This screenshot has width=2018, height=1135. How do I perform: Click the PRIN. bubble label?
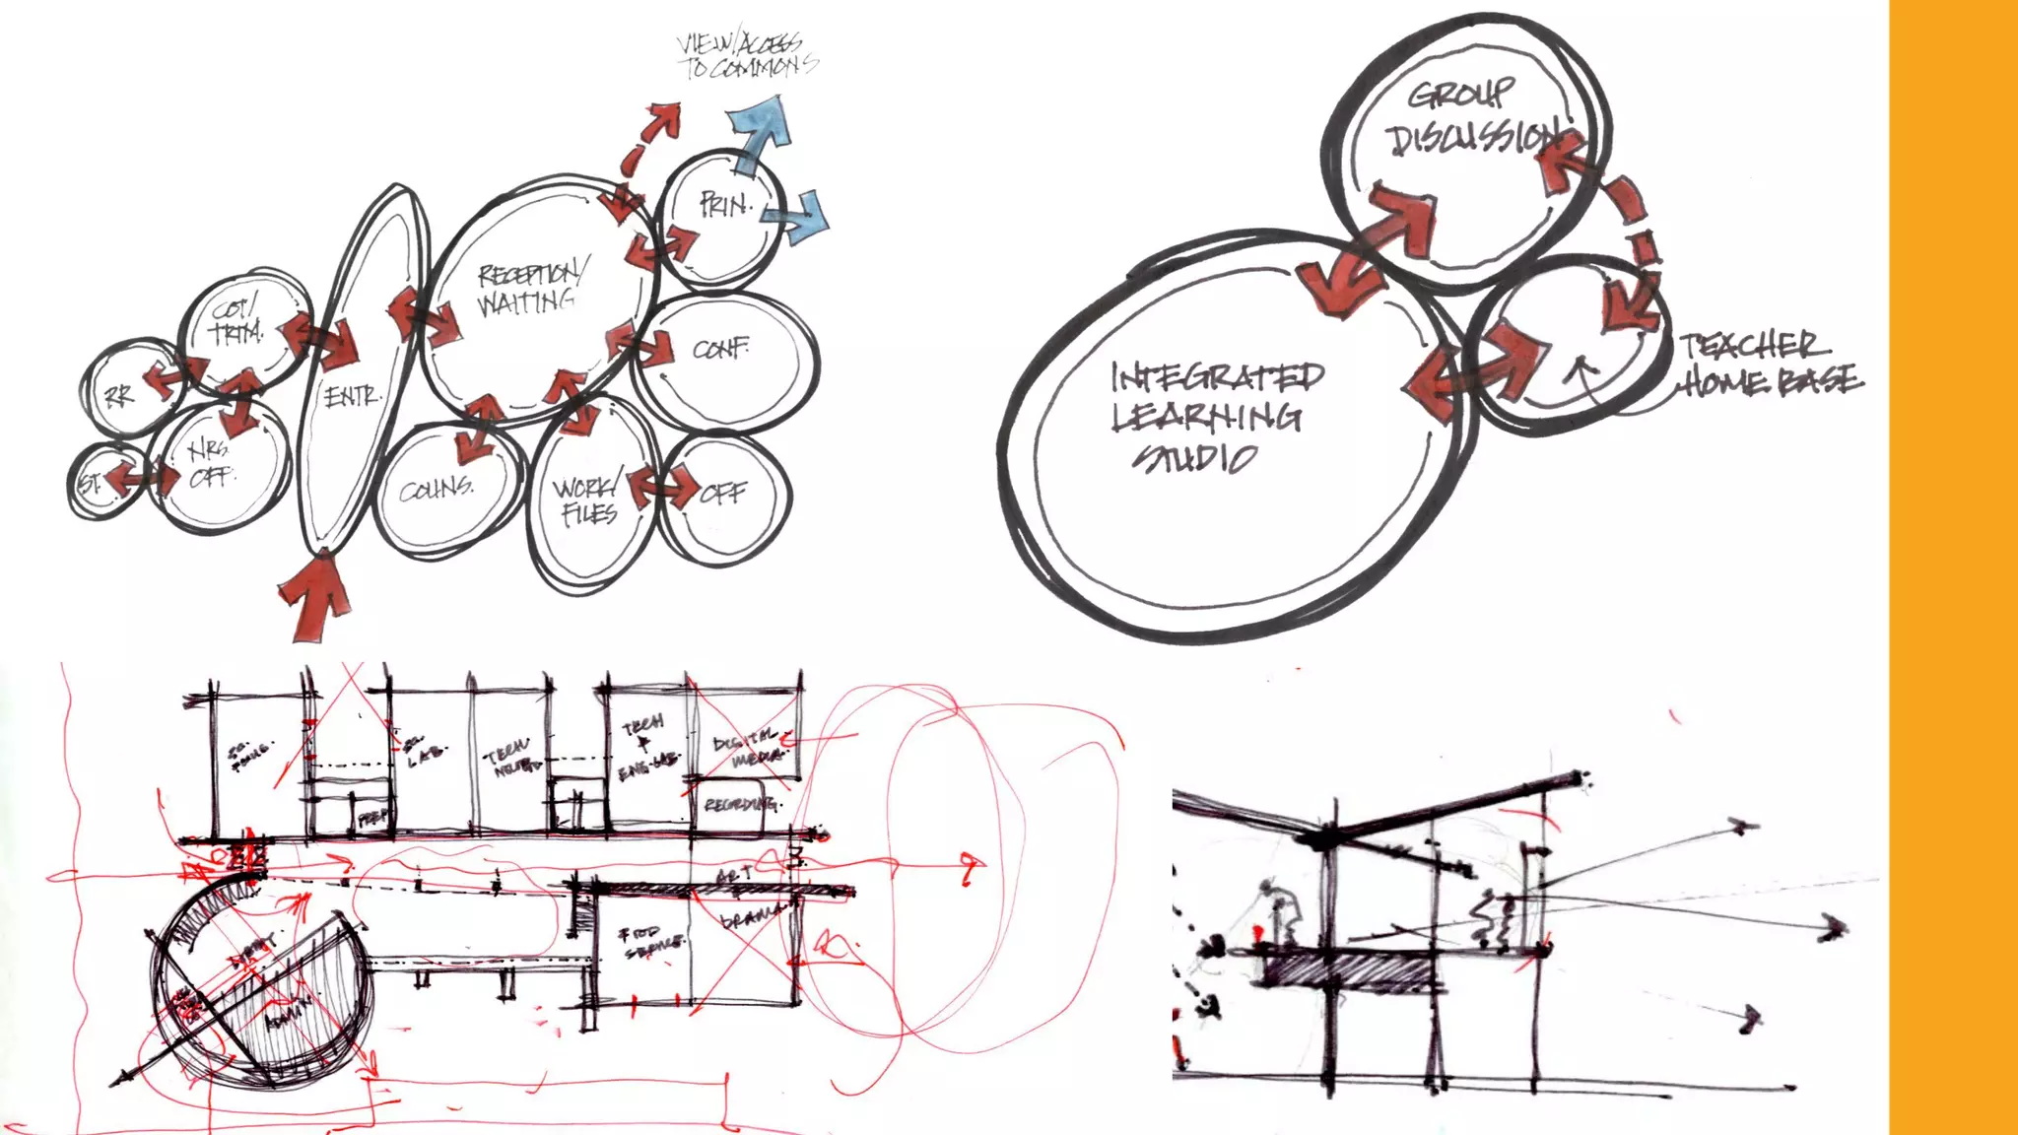pos(725,205)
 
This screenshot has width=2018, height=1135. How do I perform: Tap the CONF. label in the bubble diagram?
pos(720,349)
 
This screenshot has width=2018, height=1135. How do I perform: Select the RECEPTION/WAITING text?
pos(531,288)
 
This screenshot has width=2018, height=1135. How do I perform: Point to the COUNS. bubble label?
pos(437,489)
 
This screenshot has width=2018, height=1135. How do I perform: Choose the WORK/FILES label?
pos(587,501)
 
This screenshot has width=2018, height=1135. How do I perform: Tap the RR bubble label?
pos(118,396)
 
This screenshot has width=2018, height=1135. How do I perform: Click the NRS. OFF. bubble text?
pos(211,463)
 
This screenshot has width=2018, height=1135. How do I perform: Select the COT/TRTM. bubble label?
pos(235,321)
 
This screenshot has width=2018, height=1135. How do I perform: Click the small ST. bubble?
pos(92,483)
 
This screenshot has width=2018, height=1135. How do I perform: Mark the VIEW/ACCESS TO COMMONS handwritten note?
pos(746,56)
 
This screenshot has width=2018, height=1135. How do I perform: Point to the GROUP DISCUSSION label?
pos(1470,118)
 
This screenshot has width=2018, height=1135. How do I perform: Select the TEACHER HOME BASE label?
pos(1768,363)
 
